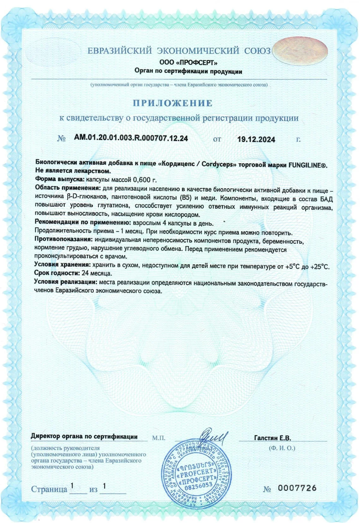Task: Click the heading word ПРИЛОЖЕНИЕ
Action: click(x=172, y=103)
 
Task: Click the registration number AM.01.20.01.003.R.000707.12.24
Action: click(x=131, y=138)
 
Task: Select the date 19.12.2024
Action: click(x=256, y=139)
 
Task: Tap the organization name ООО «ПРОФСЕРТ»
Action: click(x=188, y=62)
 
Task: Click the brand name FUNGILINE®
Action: click(x=308, y=165)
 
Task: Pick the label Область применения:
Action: click(x=68, y=188)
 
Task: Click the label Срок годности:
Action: click(x=57, y=273)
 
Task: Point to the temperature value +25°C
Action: click(x=320, y=267)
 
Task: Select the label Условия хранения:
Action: click(x=63, y=264)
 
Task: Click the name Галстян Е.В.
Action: click(x=273, y=438)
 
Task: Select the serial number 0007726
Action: click(x=297, y=488)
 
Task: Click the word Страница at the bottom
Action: click(x=49, y=489)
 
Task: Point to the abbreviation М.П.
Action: click(x=159, y=438)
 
